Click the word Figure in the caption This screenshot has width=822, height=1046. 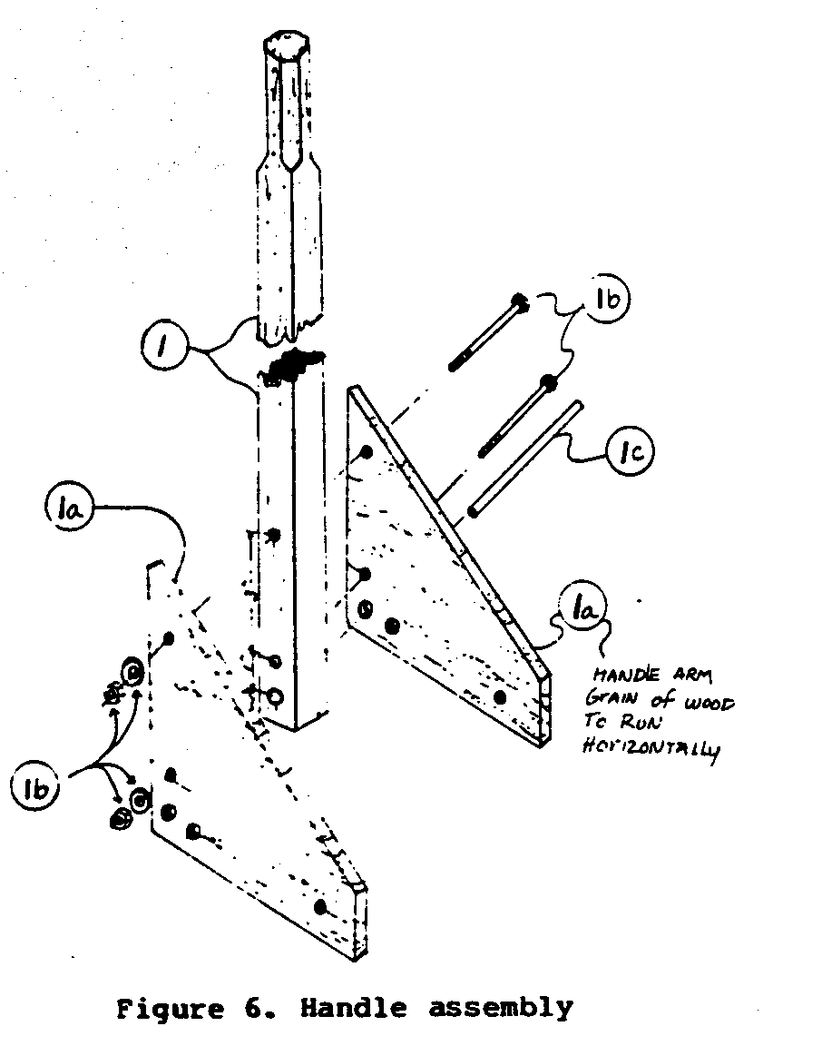coord(168,1009)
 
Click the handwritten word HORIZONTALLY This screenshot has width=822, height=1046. coord(650,751)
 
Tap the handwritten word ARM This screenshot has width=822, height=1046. coord(694,676)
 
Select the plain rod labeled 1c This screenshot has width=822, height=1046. coord(524,461)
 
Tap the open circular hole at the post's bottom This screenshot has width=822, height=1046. coord(278,696)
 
